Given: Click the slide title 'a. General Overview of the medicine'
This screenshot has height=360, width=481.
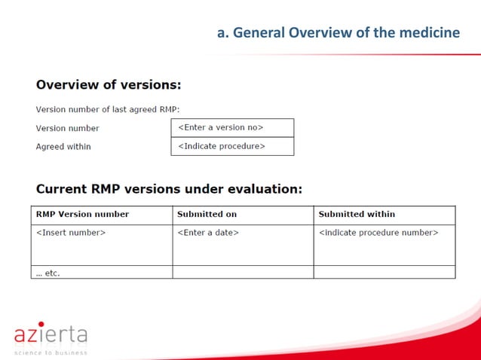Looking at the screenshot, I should tap(338, 32).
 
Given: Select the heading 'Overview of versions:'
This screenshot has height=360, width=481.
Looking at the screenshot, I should tap(109, 84).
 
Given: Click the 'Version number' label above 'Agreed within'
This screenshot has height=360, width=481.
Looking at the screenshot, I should tap(68, 128).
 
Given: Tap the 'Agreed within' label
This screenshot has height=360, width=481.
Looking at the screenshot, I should tap(63, 146).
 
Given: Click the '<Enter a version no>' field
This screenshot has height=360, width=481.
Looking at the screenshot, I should tap(232, 127).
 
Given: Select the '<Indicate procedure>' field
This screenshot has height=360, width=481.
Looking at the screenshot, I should tap(232, 146).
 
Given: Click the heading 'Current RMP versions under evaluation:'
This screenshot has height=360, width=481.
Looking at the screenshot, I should tap(169, 188).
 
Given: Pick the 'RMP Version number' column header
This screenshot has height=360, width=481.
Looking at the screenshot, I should tap(82, 215).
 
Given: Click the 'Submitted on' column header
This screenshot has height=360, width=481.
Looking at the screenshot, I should tap(207, 215).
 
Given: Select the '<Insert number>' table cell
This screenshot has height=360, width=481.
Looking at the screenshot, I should tap(71, 233).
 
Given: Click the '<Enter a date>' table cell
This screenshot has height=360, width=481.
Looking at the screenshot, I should tap(208, 233).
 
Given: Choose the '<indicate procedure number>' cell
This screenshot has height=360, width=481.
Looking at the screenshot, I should tap(378, 233).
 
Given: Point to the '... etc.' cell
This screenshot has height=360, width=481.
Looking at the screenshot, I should tap(48, 273).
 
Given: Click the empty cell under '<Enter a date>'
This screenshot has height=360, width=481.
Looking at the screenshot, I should tap(243, 272).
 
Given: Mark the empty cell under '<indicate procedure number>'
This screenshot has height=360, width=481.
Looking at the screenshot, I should tap(384, 272).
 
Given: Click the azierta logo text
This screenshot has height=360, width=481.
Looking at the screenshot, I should tap(51, 334).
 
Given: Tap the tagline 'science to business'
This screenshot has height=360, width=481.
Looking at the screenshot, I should tap(51, 352).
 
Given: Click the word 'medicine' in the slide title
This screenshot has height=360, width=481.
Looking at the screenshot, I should tap(430, 32).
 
